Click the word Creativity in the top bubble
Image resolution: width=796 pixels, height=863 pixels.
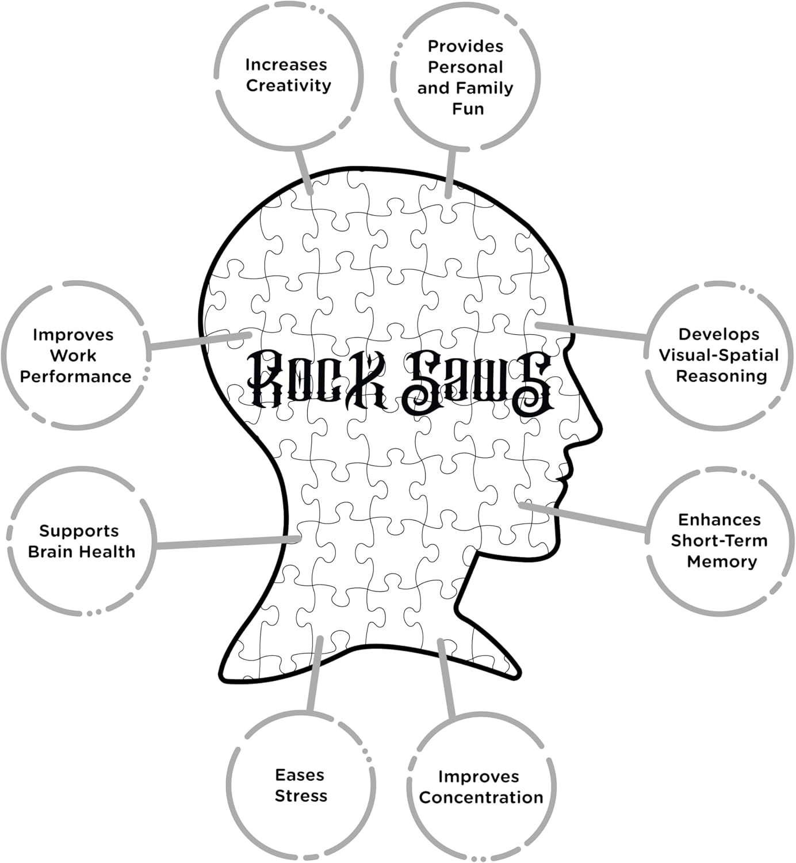click(289, 86)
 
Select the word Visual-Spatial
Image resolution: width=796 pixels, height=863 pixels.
click(718, 355)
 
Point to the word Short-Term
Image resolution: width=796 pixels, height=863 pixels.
click(719, 541)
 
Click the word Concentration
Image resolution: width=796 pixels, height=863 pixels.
click(481, 797)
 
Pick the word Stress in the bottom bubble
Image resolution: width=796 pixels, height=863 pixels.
click(301, 796)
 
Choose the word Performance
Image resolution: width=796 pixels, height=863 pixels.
click(75, 376)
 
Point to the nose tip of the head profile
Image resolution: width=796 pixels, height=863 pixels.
click(600, 428)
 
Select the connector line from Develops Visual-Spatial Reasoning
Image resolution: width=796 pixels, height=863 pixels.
click(592, 331)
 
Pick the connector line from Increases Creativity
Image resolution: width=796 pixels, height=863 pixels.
click(303, 170)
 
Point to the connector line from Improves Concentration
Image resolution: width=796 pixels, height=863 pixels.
click(446, 679)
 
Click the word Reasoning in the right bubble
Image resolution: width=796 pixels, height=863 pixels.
click(721, 376)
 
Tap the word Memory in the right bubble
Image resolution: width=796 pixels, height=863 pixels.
click(722, 562)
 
